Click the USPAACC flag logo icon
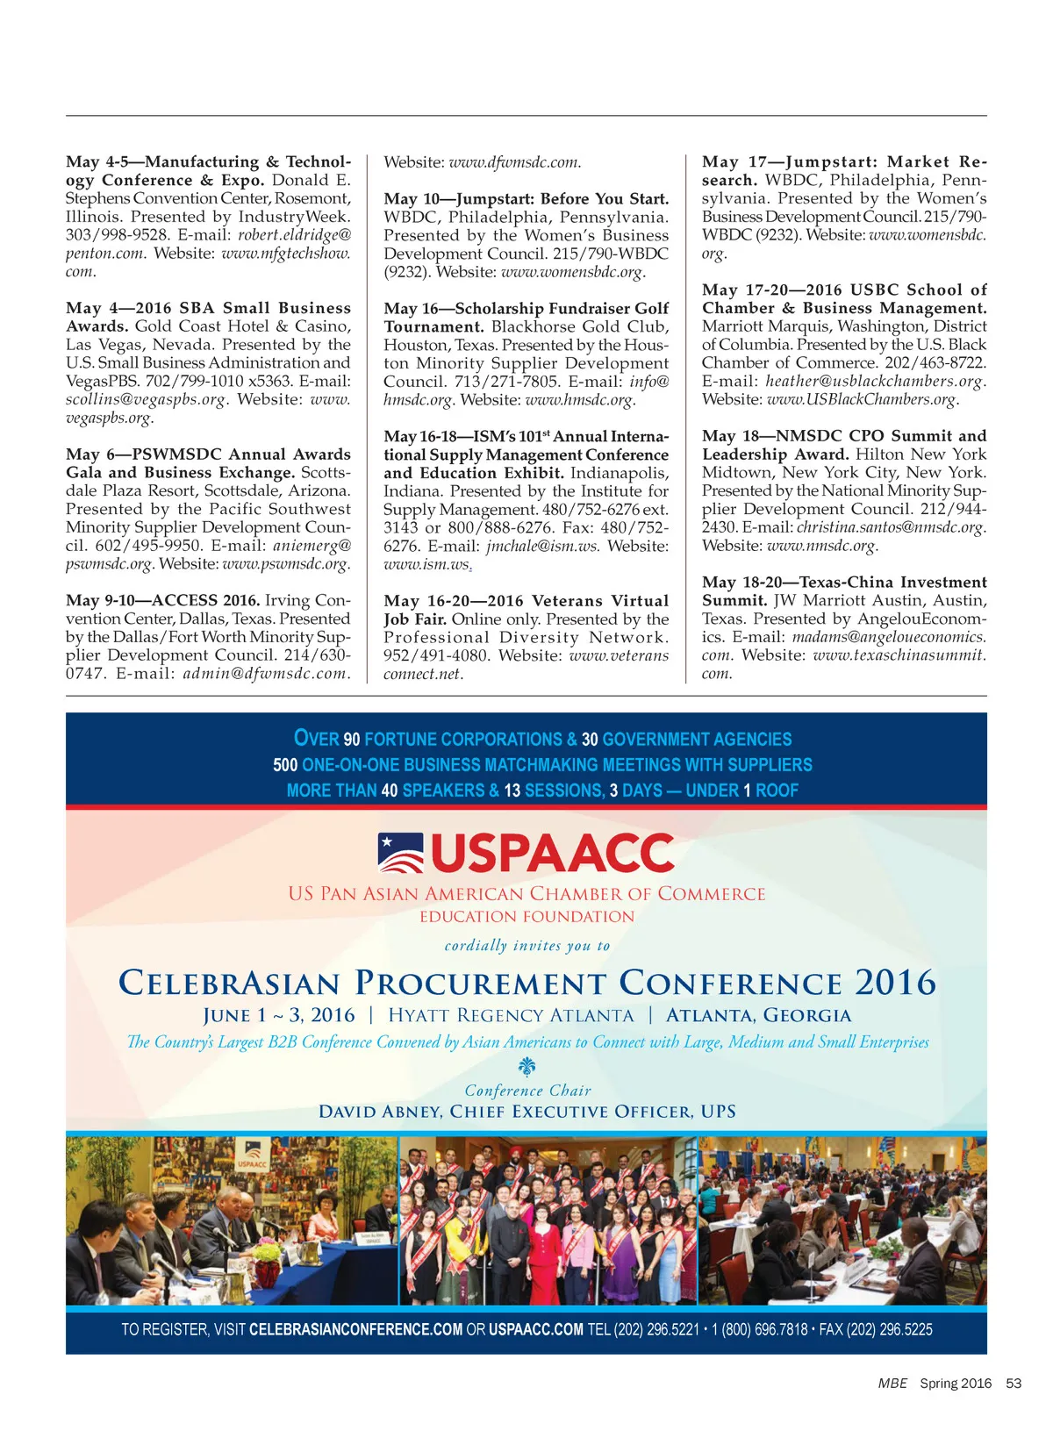(x=400, y=853)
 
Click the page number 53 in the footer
(x=1014, y=1383)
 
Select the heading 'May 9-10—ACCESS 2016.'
(x=162, y=600)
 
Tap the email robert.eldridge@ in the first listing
(x=294, y=234)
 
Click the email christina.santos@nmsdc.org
(x=889, y=527)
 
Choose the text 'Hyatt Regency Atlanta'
(x=511, y=1015)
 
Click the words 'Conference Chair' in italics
(x=527, y=1091)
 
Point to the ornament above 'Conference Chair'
(x=527, y=1067)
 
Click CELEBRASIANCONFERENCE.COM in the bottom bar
(x=355, y=1329)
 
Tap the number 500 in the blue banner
(x=285, y=765)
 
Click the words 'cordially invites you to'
(x=526, y=946)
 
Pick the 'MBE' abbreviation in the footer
(x=892, y=1383)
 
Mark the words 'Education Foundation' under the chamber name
(x=526, y=917)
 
